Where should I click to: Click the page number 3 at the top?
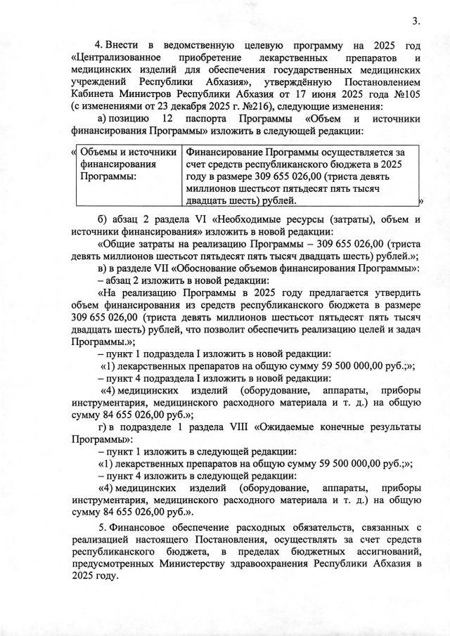416,20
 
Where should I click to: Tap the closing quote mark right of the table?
420,202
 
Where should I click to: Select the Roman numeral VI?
212,219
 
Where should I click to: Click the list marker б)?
103,219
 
